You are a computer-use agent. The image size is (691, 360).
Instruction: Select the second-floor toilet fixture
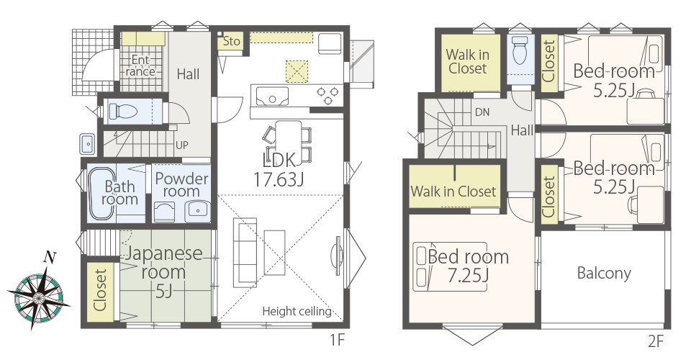click(520, 50)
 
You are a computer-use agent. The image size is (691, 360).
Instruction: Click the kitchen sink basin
click(272, 96)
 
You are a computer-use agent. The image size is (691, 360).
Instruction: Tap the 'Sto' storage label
click(231, 42)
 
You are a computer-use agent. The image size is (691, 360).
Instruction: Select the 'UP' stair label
click(182, 145)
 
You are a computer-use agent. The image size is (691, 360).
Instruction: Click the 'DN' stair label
click(482, 112)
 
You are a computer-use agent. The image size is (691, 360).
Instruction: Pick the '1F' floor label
click(337, 340)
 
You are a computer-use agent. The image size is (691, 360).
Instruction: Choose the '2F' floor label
click(655, 341)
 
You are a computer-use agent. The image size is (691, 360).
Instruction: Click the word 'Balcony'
click(604, 273)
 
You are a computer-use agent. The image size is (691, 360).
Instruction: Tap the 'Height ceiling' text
click(297, 312)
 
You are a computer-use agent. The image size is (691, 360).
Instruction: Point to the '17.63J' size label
click(278, 179)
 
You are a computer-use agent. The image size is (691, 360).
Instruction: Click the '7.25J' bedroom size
click(468, 276)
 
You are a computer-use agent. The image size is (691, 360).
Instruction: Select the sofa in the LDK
click(245, 250)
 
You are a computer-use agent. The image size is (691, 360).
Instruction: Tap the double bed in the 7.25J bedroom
click(450, 266)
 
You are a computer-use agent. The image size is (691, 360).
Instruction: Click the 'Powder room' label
click(181, 184)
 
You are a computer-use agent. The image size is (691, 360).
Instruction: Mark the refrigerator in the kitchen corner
click(329, 43)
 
